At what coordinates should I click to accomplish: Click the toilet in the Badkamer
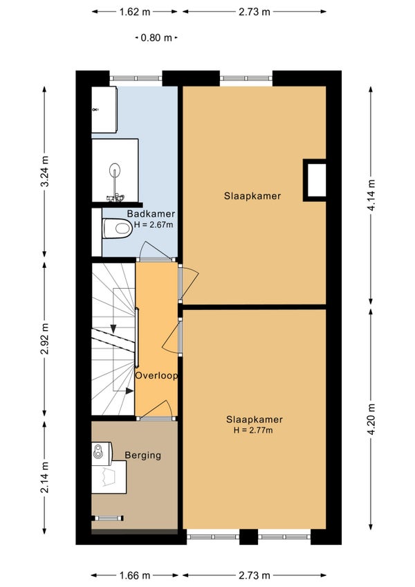118,228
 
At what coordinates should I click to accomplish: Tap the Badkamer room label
151,214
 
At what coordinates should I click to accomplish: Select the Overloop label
156,375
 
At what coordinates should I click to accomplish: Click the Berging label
143,455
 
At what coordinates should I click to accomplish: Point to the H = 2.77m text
253,430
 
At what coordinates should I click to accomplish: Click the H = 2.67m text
154,225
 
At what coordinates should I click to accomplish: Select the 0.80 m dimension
156,37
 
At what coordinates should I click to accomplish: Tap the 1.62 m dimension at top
135,12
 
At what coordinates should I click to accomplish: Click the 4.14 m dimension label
371,195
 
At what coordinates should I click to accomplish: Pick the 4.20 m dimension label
371,419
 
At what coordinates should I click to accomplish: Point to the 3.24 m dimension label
44,171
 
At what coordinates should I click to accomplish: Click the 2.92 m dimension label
44,338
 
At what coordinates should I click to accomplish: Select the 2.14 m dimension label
44,478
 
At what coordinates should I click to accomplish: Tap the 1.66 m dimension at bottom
135,575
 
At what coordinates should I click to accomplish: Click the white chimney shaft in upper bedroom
314,181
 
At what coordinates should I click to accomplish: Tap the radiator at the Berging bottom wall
108,518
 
